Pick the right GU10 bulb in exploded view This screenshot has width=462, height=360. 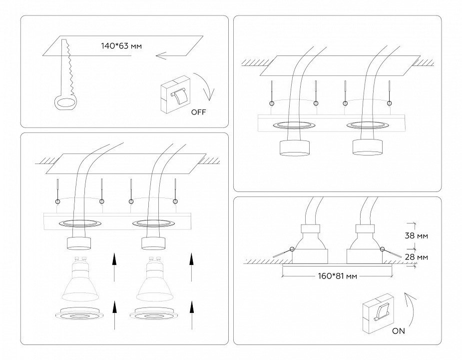(x=154, y=282)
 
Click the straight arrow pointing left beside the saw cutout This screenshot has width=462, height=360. (x=167, y=55)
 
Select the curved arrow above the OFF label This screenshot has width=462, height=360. (x=206, y=85)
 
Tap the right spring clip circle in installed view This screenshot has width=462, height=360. (x=383, y=248)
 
